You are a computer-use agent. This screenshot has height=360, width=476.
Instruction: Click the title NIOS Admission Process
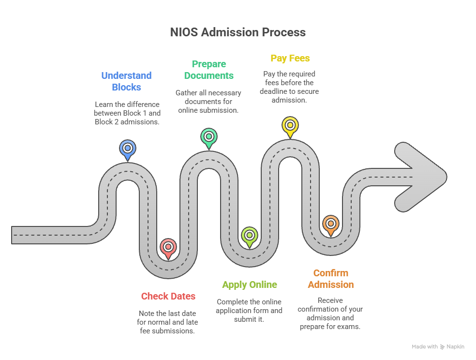[238, 32]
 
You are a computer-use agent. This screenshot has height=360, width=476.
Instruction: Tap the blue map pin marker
[127, 149]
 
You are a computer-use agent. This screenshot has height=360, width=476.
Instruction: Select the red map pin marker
[168, 247]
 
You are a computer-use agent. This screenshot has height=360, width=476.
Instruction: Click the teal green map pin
[208, 136]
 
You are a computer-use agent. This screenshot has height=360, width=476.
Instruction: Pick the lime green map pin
[249, 236]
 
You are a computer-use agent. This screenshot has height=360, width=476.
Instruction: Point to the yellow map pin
[290, 125]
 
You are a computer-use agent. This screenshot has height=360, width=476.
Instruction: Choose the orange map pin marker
[330, 224]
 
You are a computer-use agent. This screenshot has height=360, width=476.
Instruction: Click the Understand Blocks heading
[126, 81]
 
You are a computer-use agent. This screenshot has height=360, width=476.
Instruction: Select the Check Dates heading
[168, 296]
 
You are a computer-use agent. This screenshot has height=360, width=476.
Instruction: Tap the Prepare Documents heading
[208, 70]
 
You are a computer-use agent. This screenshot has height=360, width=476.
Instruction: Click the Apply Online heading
[250, 285]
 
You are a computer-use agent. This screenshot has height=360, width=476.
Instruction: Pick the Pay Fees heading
[290, 58]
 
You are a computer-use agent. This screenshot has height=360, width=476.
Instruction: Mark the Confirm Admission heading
[330, 279]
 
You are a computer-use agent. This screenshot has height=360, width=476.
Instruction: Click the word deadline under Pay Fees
[274, 91]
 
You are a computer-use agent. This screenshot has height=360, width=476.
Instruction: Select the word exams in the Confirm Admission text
[350, 327]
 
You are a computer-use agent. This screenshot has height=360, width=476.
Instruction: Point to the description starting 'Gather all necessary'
[208, 102]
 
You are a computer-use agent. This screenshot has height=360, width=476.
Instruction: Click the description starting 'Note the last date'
[168, 322]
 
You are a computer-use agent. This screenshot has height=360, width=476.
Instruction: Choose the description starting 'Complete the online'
[249, 311]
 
